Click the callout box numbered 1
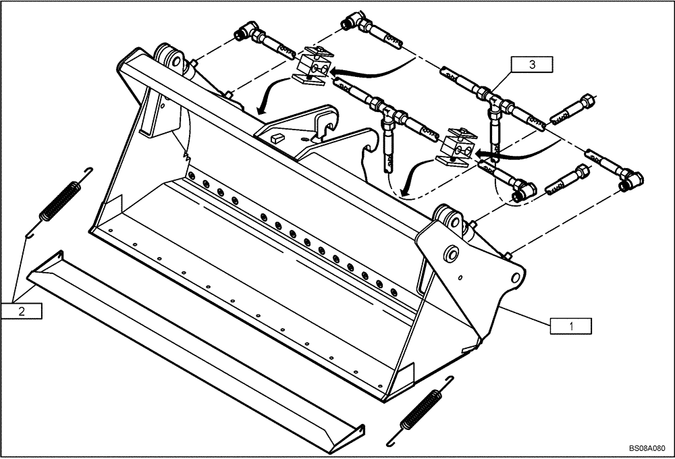tap(571, 325)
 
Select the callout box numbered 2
tap(22, 311)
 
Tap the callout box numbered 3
tap(532, 65)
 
